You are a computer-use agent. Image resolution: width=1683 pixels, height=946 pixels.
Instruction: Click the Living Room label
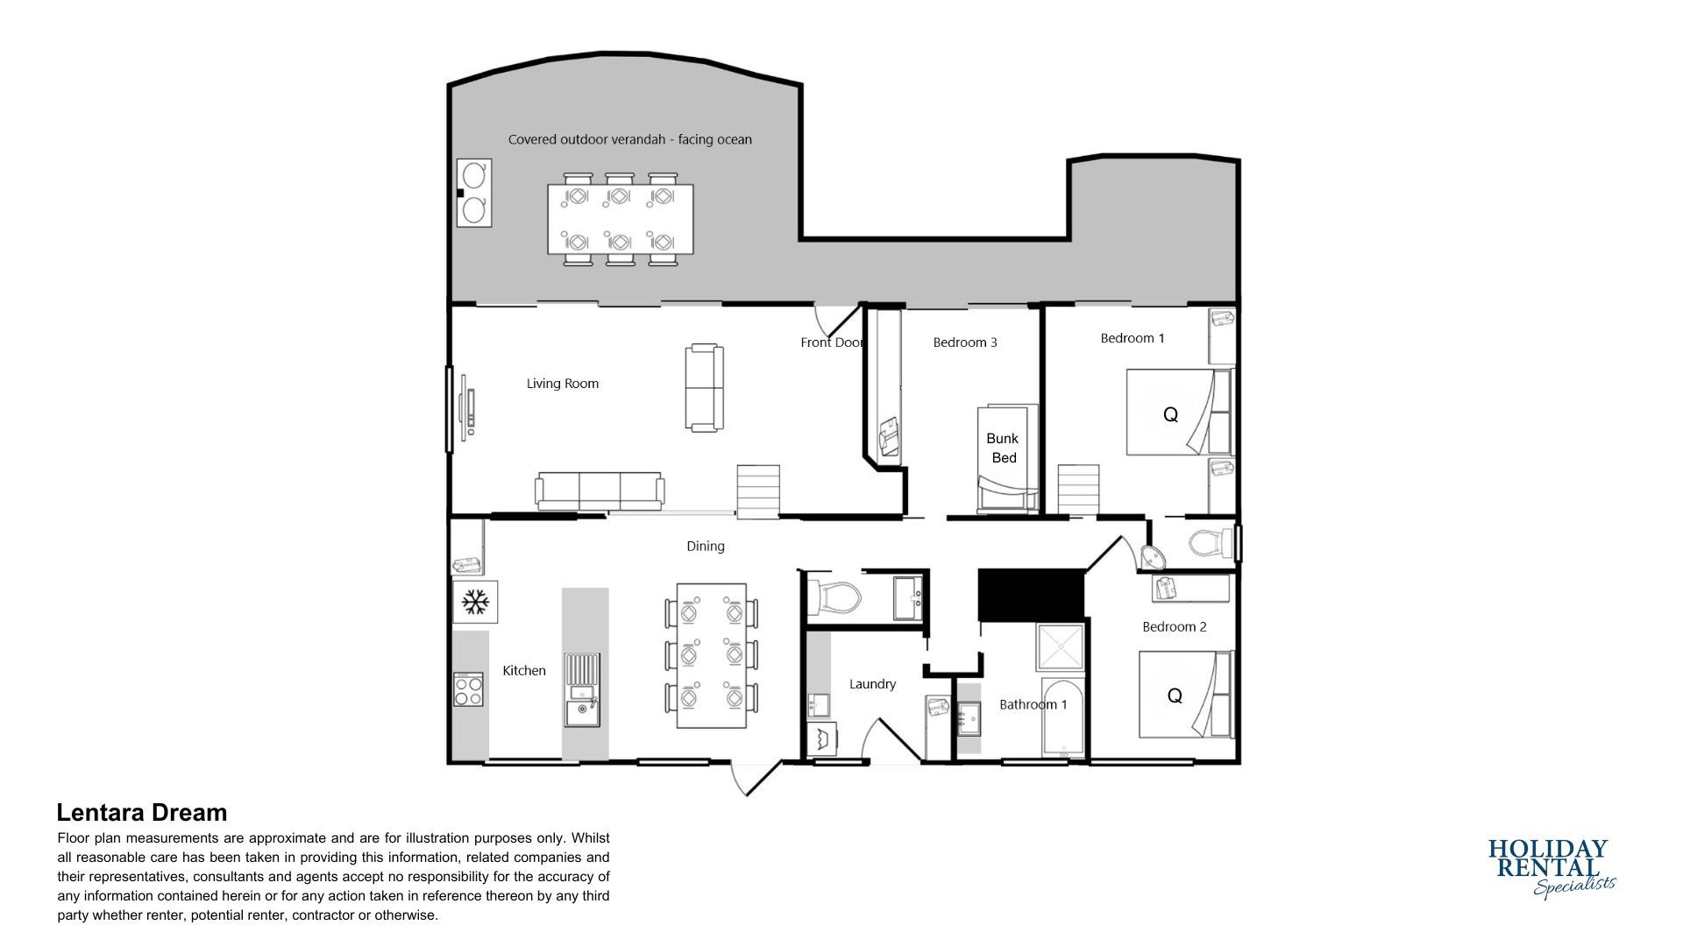[x=562, y=384]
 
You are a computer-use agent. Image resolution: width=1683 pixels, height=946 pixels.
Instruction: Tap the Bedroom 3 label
[x=965, y=342]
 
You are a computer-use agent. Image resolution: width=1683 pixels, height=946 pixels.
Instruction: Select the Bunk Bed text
[x=1003, y=448]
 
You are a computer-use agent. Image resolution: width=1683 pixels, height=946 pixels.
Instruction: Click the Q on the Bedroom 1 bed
[x=1170, y=415]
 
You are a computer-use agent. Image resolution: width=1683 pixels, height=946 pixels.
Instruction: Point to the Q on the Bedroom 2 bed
[x=1175, y=696]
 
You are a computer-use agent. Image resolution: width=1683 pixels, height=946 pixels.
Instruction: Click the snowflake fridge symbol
[x=475, y=602]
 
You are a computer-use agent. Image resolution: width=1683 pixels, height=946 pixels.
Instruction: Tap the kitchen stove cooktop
[x=469, y=689]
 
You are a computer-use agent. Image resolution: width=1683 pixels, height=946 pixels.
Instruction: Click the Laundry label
[x=872, y=684]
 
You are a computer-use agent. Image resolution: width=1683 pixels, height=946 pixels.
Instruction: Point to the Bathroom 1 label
[x=1033, y=704]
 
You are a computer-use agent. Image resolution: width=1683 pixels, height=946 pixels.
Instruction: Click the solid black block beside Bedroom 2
[x=1031, y=595]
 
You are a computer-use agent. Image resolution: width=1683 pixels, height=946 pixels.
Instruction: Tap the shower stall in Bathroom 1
[x=1060, y=647]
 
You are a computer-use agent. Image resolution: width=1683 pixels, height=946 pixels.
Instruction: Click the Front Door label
[x=831, y=342]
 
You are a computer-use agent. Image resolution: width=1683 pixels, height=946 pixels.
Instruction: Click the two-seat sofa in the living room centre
[x=705, y=387]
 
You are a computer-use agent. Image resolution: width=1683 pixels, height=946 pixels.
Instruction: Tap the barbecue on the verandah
[x=473, y=193]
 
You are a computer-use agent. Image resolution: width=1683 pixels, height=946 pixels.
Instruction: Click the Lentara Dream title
[x=142, y=813]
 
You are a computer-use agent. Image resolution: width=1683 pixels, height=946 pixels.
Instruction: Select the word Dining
[x=706, y=547]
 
